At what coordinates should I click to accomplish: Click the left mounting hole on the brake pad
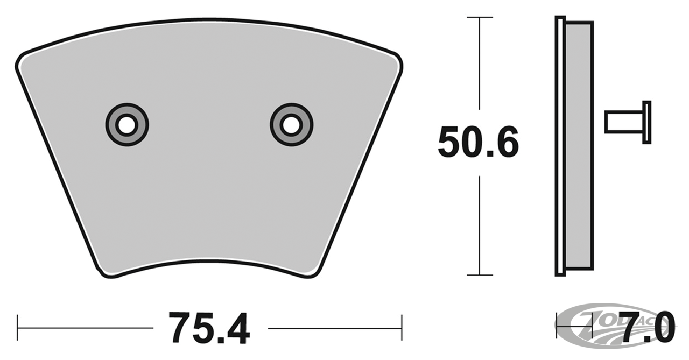coord(126,125)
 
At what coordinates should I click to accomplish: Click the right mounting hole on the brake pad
coord(291,125)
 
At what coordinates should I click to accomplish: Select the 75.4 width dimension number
coord(209,328)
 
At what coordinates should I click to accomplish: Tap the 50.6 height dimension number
coord(478,142)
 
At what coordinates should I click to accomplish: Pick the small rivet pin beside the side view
coord(624,122)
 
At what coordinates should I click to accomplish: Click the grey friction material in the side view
coord(579,145)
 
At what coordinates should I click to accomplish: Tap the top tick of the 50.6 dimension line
coord(480,18)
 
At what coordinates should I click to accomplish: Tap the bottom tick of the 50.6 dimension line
coord(480,275)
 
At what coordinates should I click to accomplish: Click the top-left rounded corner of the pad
coord(22,59)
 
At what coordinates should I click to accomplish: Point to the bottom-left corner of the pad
coord(106,272)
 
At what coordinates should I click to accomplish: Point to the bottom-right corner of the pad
coord(315,272)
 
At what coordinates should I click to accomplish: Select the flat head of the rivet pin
coord(647,122)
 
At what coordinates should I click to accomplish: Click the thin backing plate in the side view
coord(560,145)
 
